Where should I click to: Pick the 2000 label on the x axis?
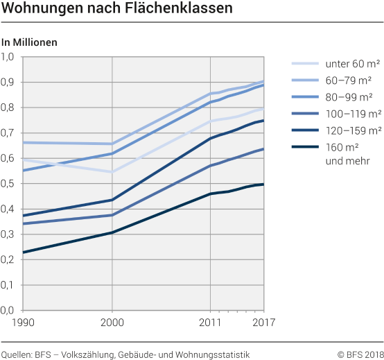[x=112, y=322]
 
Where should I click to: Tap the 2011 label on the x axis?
[x=210, y=322]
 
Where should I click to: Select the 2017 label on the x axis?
[x=263, y=322]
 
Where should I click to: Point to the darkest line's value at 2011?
[x=211, y=194]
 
